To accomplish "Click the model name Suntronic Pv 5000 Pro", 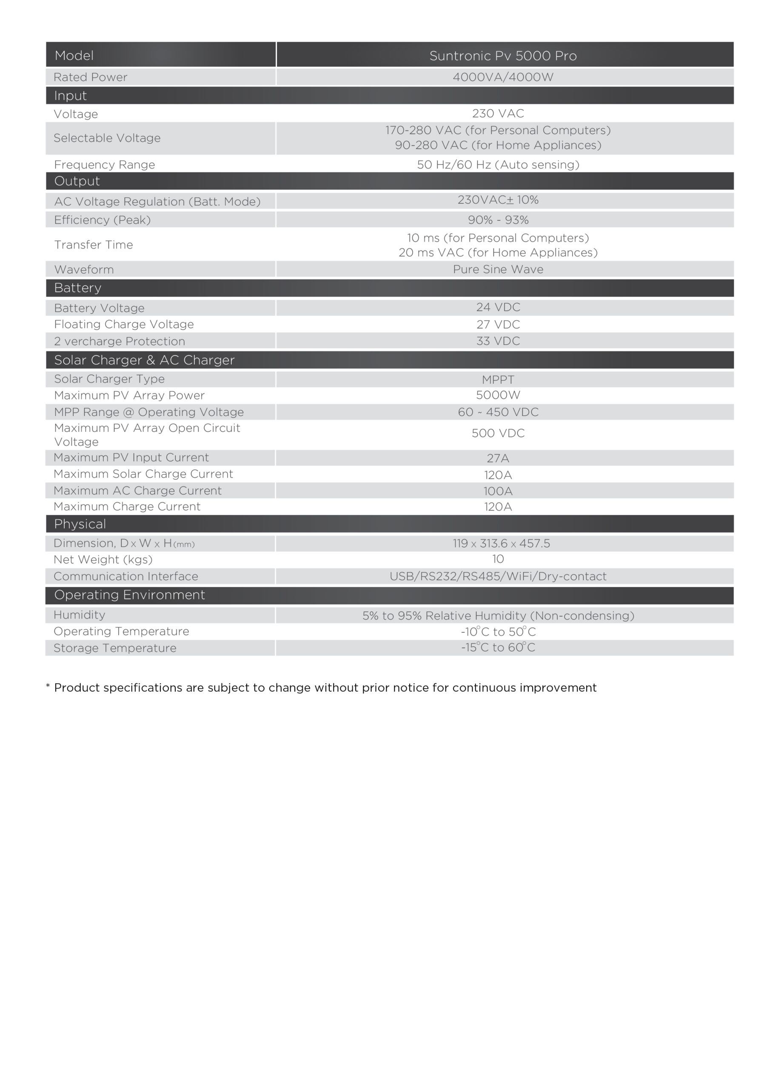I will click(502, 56).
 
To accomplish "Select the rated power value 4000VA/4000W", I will click(502, 77).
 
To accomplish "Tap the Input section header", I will click(70, 96).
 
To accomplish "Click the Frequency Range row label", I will click(104, 165).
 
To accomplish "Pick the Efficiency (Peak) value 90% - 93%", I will click(498, 220).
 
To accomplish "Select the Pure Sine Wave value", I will click(498, 269).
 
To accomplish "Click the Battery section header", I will click(78, 288).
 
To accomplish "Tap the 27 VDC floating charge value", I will click(498, 325).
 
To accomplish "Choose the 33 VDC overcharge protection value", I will click(498, 341).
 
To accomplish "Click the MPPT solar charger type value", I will click(498, 379).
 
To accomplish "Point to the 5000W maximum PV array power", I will click(498, 395).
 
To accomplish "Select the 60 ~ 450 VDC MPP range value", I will click(498, 412).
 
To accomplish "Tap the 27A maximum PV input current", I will click(498, 458).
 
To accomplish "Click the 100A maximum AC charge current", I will click(498, 491).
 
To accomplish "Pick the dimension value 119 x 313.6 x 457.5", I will click(501, 544).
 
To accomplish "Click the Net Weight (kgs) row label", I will click(103, 560).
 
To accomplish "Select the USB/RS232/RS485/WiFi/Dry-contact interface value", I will click(498, 576).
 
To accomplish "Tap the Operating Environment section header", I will click(129, 595).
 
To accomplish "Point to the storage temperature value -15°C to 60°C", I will click(498, 648).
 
